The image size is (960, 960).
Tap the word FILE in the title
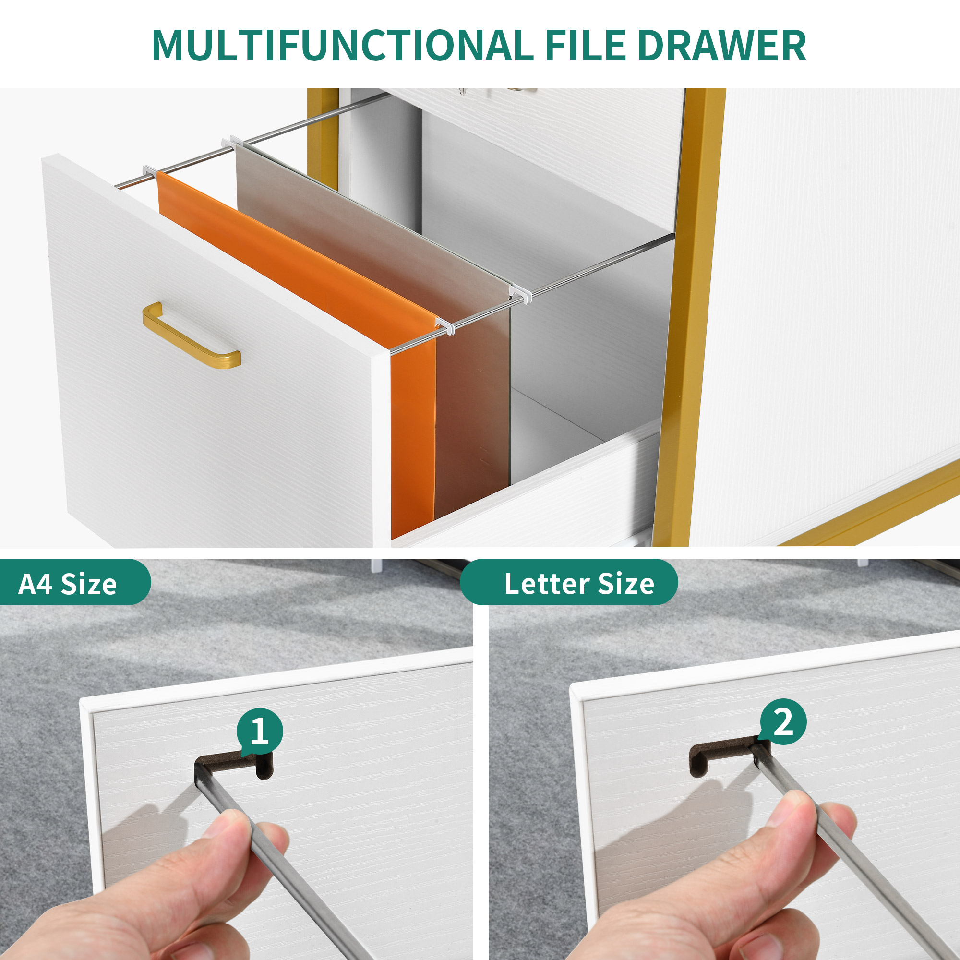click(585, 45)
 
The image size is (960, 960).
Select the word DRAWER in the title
click(722, 45)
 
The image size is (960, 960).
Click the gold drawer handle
click(191, 335)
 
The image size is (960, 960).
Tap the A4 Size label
click(68, 584)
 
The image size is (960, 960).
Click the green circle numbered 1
click(259, 732)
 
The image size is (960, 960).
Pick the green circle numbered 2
click(784, 721)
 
